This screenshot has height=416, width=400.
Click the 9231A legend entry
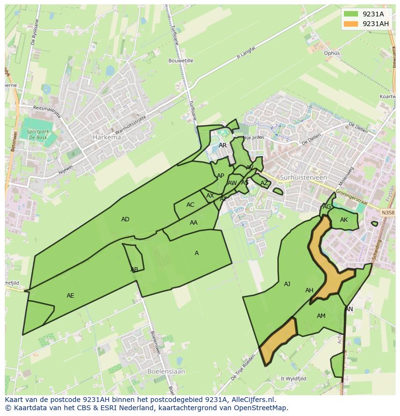pos(373,14)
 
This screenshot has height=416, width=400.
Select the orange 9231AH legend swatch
pos(351,24)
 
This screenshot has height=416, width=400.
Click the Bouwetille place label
pos(181,61)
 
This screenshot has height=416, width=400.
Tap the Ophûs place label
pos(332,53)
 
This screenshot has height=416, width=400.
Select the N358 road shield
pos(387,212)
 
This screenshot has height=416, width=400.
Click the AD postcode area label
pos(125,219)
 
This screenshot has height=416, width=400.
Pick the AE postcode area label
pos(71,295)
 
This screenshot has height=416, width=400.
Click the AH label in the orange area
pos(309,290)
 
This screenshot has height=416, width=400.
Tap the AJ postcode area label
pos(287,284)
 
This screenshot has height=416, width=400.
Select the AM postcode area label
pos(321,316)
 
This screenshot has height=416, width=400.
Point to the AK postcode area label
pos(344,220)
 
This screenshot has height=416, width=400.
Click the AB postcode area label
pos(134,270)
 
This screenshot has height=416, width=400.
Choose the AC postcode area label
pos(190,205)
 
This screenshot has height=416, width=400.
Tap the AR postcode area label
pos(223,145)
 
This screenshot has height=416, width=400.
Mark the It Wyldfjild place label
pos(294,379)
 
